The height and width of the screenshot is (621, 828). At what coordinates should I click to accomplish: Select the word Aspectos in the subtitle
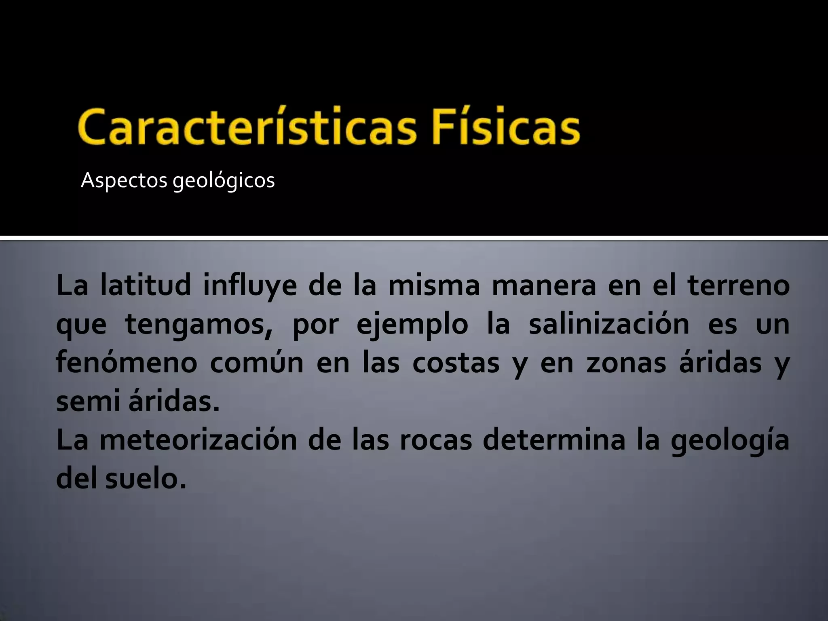[x=124, y=181]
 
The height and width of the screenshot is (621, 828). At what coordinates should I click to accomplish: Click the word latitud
[x=146, y=285]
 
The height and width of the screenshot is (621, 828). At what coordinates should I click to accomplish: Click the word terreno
[x=738, y=285]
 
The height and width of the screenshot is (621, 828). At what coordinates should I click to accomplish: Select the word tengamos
[x=198, y=325]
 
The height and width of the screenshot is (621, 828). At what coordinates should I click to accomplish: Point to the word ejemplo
[x=412, y=325]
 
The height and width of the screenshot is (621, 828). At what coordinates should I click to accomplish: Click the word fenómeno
[x=127, y=363]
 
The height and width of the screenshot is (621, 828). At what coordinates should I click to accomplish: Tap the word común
[x=257, y=363]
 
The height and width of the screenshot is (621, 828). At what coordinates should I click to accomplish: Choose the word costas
[x=456, y=363]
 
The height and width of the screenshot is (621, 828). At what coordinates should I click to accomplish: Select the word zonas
[x=626, y=363]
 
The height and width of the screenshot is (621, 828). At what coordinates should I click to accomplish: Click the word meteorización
[x=198, y=441]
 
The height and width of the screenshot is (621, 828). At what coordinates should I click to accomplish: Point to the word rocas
[x=436, y=441]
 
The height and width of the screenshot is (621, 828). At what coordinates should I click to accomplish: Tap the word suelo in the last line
[x=146, y=479]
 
